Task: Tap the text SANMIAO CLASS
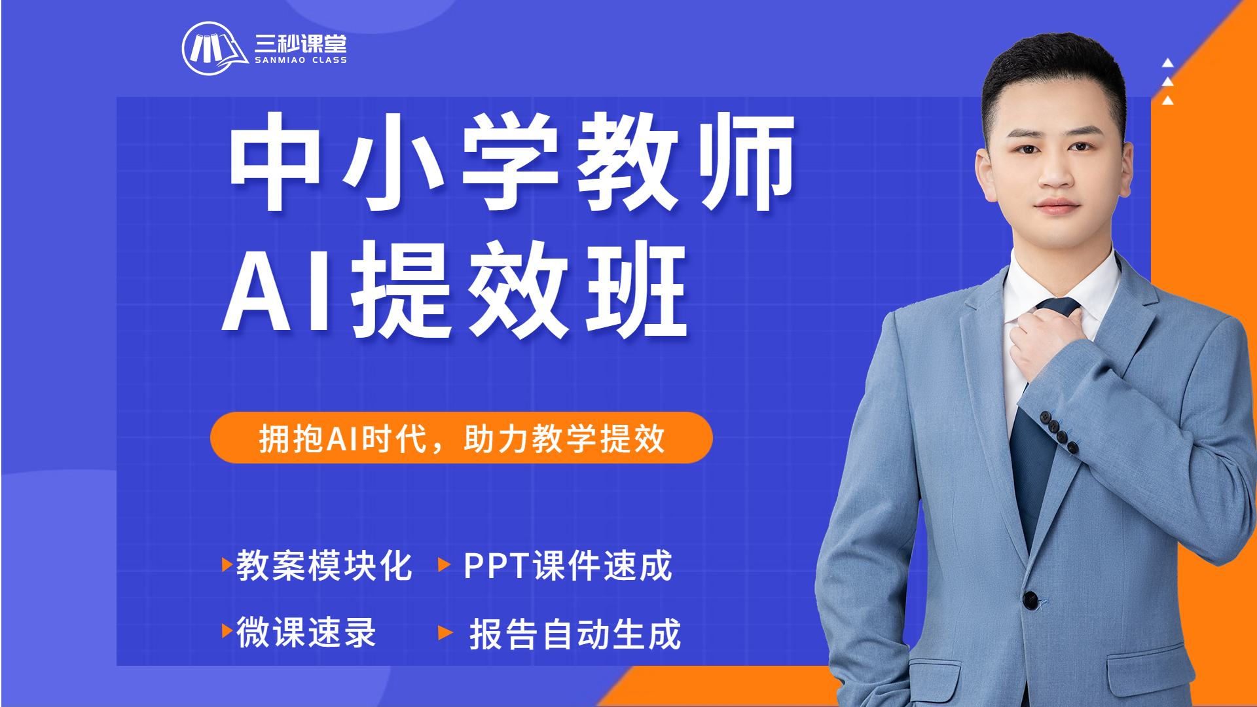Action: pos(301,60)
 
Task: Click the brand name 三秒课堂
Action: pos(301,43)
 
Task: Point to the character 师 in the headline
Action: pos(747,162)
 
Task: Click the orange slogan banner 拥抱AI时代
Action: pos(462,438)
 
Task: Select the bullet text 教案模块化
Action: pos(324,565)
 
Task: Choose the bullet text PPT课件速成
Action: pos(568,565)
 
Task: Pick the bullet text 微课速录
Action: pos(306,632)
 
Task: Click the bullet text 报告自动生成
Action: pos(575,634)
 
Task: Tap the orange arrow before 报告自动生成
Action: pos(445,632)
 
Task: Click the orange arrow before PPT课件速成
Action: pos(445,564)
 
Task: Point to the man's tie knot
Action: pos(1057,308)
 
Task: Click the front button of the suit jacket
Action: pos(1030,599)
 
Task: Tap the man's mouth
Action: pos(1057,208)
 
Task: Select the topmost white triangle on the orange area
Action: pos(1167,63)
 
